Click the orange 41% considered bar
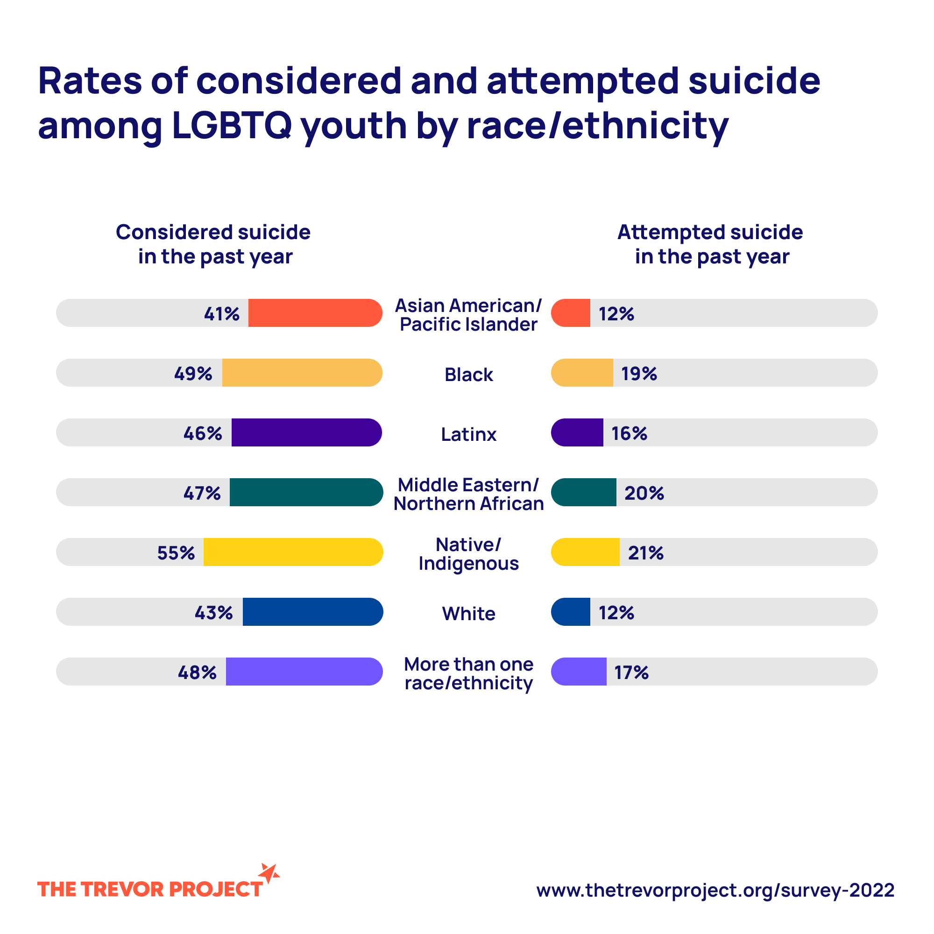tap(315, 313)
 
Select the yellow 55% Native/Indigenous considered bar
tap(293, 552)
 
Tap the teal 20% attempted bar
tap(584, 492)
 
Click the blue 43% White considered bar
tap(312, 612)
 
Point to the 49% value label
tap(193, 373)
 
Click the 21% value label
tap(645, 552)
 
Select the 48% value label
tap(197, 672)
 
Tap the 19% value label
tap(638, 373)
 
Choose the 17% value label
tap(631, 672)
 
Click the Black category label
tap(468, 375)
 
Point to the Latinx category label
tap(468, 434)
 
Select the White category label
tap(468, 614)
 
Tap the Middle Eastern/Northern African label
tap(468, 494)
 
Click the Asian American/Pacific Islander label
tap(468, 315)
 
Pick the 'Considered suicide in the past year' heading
tap(213, 244)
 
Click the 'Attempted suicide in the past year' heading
tap(710, 244)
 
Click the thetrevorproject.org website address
tap(715, 890)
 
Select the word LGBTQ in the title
tap(232, 125)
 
